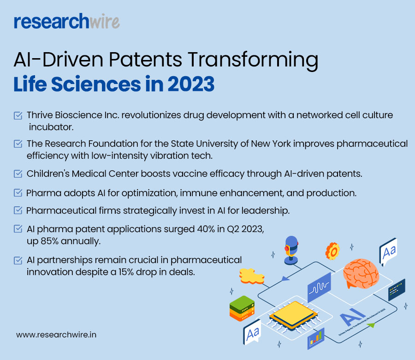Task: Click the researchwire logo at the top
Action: coord(67,21)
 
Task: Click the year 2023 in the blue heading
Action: coord(191,84)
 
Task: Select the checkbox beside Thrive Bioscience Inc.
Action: coord(18,115)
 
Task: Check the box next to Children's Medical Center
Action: coord(18,174)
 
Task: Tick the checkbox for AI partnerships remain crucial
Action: coord(18,260)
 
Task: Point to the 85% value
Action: coord(49,241)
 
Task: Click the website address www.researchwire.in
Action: coord(56,335)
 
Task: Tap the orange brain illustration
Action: coord(361,274)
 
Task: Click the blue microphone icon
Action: coord(291,250)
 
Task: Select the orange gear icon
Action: coord(332,251)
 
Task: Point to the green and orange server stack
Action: coord(242,308)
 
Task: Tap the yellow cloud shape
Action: coord(251,276)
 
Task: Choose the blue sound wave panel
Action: coord(320,287)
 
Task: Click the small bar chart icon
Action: coord(316,339)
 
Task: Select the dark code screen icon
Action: coord(397,289)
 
